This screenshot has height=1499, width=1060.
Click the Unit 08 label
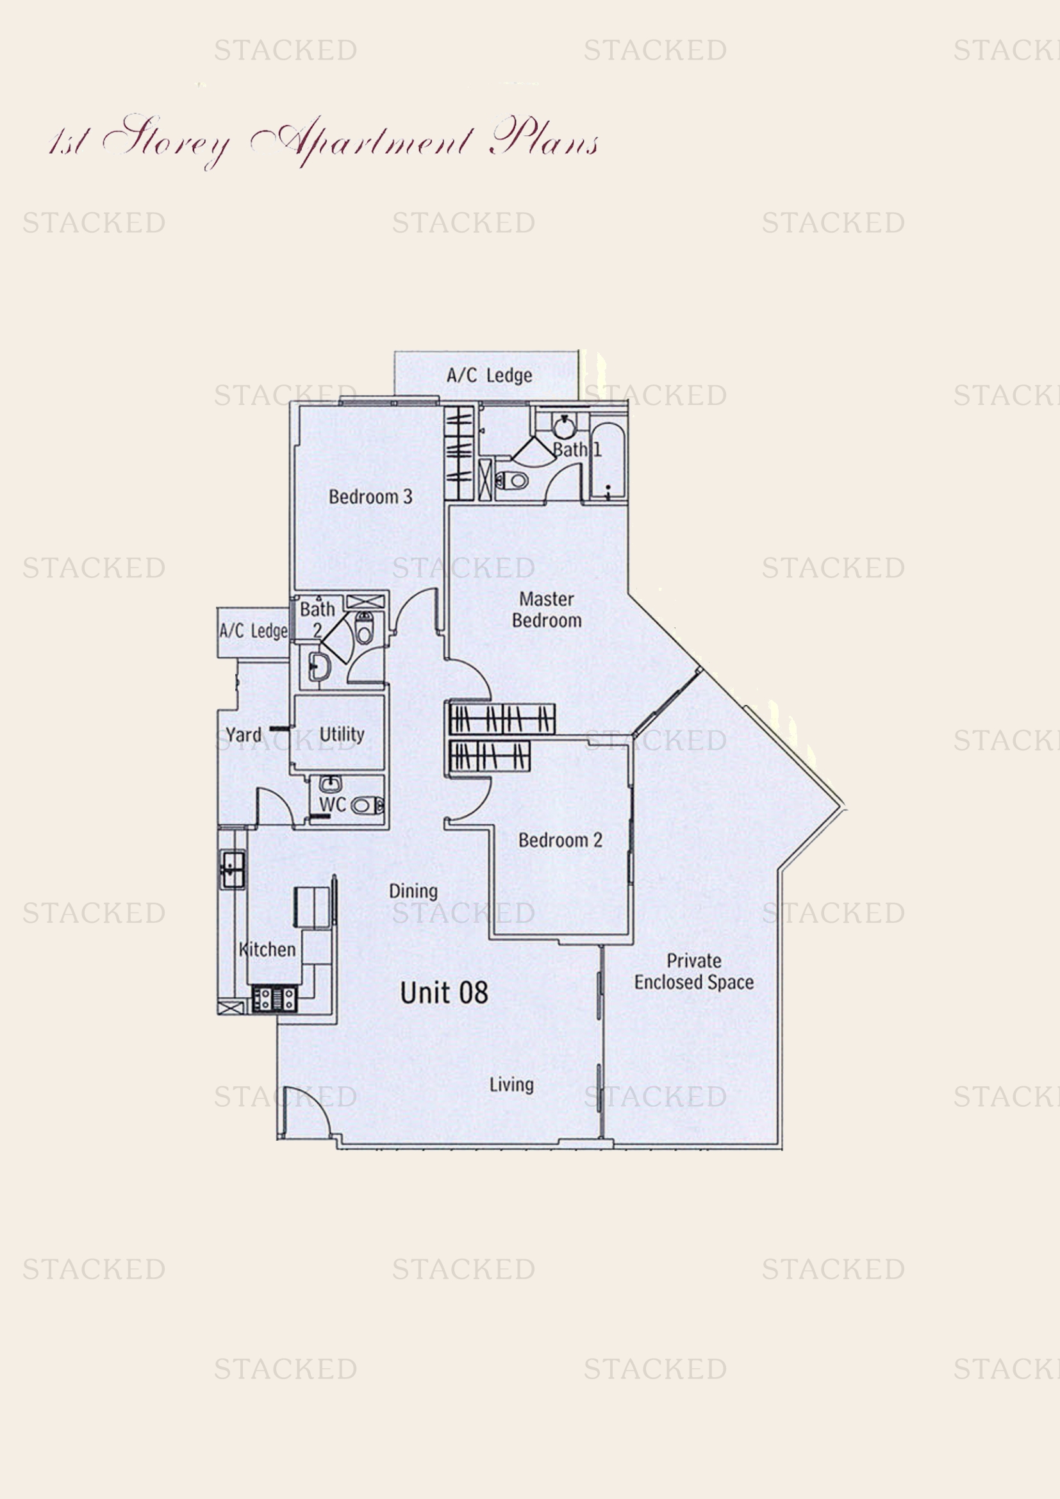(444, 992)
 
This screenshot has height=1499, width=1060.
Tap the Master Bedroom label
(546, 609)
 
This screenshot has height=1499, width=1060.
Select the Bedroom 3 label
(370, 497)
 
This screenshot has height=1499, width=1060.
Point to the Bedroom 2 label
(560, 840)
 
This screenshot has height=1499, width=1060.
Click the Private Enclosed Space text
(694, 972)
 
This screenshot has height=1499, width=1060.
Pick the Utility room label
(342, 734)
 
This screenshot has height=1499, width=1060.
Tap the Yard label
(244, 735)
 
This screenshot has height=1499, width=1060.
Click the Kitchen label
(268, 949)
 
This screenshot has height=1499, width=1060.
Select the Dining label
(413, 891)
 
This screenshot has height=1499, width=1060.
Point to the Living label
(511, 1084)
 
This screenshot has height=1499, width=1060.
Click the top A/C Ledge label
(489, 376)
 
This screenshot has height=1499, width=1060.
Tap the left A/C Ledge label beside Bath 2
(253, 631)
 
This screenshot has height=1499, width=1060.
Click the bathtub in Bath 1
(608, 460)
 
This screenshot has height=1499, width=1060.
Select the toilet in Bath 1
(513, 481)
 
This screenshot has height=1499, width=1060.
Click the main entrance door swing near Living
(306, 1114)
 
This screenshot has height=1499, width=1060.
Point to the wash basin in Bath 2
(320, 667)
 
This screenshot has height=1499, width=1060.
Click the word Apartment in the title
(362, 140)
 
